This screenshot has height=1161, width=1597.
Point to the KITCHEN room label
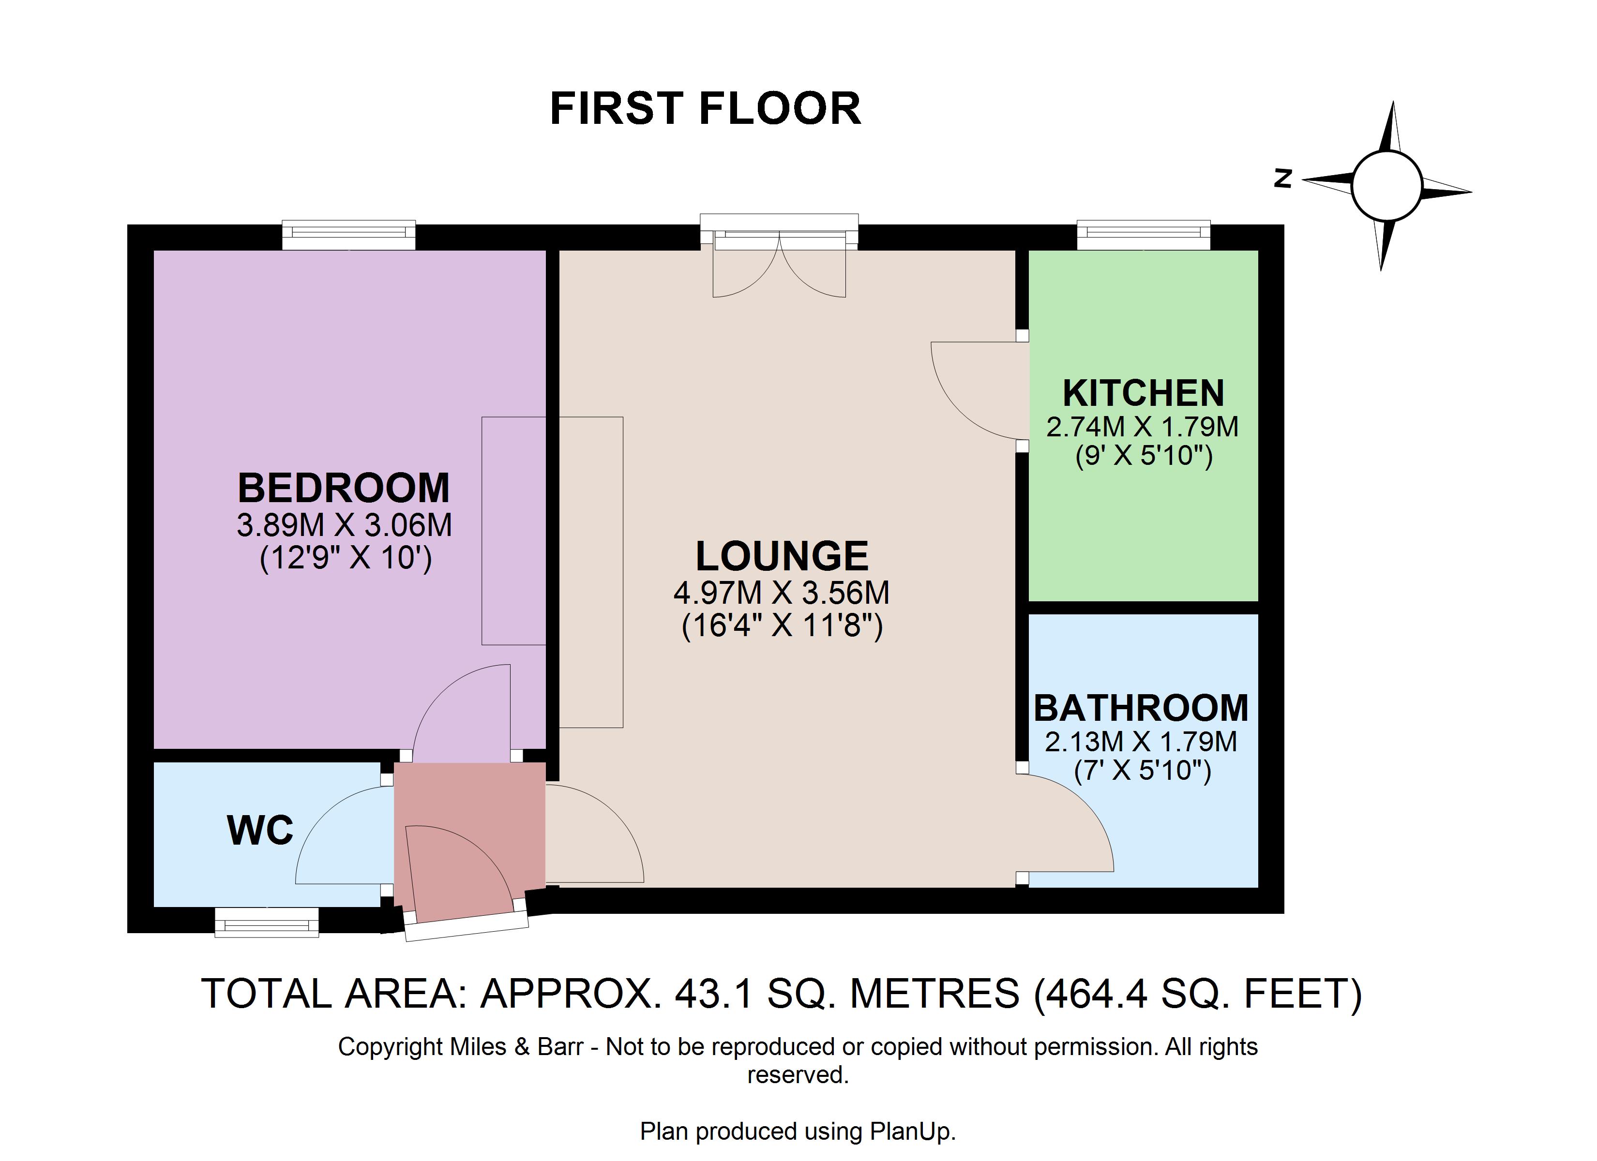pyautogui.click(x=1143, y=393)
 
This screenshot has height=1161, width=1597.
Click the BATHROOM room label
pyautogui.click(x=1141, y=708)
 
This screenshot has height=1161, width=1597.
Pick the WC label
pyautogui.click(x=260, y=830)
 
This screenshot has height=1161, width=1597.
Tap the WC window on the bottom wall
pyautogui.click(x=267, y=923)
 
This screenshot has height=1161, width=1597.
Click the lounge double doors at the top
pyautogui.click(x=780, y=255)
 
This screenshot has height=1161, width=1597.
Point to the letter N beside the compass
pyautogui.click(x=1283, y=179)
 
